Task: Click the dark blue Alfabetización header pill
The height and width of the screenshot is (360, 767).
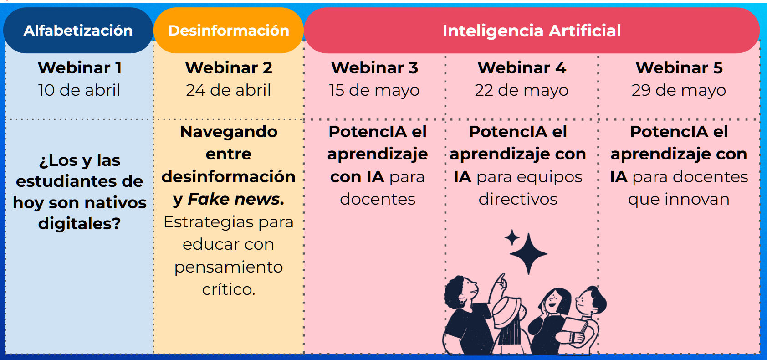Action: tap(78, 31)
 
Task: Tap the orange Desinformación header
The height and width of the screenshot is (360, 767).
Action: tap(228, 31)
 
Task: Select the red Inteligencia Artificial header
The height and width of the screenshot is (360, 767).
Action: tap(532, 31)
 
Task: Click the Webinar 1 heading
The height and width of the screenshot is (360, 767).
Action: tap(80, 68)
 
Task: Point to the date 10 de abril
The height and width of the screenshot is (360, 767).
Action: tap(79, 90)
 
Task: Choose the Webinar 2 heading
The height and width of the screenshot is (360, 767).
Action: tap(229, 68)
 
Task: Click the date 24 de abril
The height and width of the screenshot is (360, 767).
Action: tap(228, 90)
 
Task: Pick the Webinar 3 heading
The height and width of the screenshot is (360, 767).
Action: tap(374, 68)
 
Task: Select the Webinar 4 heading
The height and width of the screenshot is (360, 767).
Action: tap(522, 68)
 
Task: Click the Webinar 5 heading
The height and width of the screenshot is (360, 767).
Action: tap(679, 68)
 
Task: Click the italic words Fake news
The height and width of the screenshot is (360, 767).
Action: tap(236, 199)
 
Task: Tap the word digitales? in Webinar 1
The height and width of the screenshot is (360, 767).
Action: tap(79, 224)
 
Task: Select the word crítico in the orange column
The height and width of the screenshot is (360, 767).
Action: tap(227, 289)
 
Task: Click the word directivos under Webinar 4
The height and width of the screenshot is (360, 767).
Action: tap(518, 199)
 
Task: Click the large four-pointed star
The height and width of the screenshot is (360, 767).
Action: tap(528, 254)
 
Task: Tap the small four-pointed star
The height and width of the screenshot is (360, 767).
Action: tap(512, 238)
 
